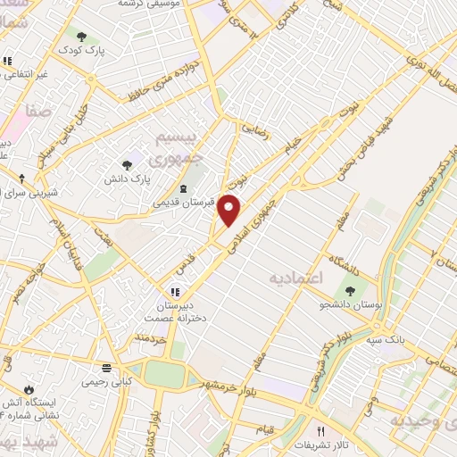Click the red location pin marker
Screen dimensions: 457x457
(x=230, y=210)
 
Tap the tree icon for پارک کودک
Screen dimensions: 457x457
(x=82, y=37)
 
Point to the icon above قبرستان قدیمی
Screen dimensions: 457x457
(x=184, y=187)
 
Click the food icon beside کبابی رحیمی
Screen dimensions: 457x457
(x=106, y=368)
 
